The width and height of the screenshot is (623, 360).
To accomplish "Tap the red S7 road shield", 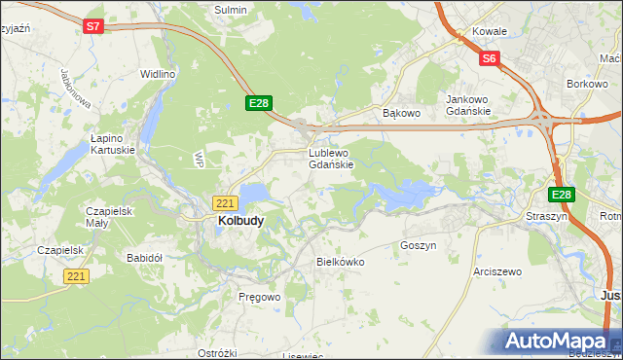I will click(x=92, y=27).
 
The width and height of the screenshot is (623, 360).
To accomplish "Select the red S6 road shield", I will click(x=489, y=59).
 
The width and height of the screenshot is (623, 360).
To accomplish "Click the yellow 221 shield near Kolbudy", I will click(x=225, y=203).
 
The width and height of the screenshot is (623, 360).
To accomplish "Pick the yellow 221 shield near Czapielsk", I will click(x=77, y=277).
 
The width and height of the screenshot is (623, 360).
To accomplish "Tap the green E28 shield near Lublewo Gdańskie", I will click(x=258, y=103).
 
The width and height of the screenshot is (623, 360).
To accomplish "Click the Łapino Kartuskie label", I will click(x=110, y=144).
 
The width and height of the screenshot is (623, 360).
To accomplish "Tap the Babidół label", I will click(x=144, y=258).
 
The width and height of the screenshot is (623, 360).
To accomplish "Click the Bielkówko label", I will click(x=340, y=262).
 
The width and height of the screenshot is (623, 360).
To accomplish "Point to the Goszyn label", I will click(x=418, y=246).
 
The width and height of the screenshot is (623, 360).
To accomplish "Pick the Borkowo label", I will click(x=587, y=85).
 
